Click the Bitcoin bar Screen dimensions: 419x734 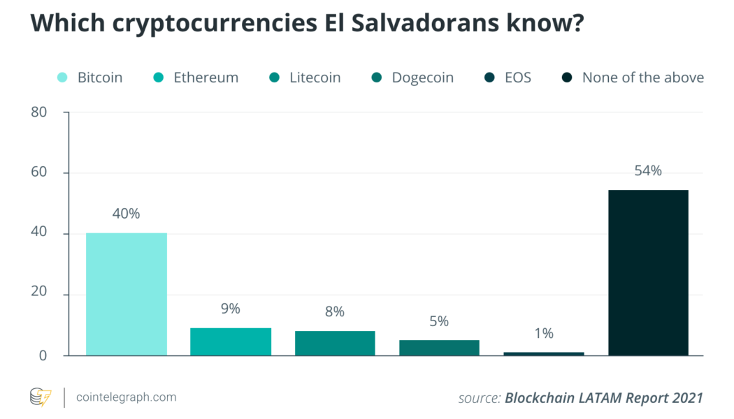[x=127, y=294]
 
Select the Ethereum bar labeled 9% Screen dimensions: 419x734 [x=231, y=341]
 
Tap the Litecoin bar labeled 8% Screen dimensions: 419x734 [x=335, y=343]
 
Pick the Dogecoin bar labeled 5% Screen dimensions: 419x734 [x=439, y=347]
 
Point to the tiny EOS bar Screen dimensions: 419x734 [x=543, y=353]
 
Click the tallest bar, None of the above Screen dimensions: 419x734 [x=648, y=272]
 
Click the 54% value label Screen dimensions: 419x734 [x=648, y=170]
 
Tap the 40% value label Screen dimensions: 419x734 [x=127, y=214]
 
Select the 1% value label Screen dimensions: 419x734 [x=543, y=333]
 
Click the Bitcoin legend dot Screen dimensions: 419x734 [x=62, y=78]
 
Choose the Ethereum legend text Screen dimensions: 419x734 [x=207, y=78]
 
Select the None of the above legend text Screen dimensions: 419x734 [x=642, y=78]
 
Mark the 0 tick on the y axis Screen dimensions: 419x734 [x=43, y=355]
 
